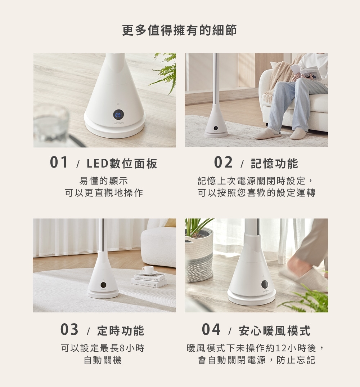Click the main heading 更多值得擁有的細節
(180, 30)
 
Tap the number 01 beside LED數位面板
(59, 163)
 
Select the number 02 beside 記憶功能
(223, 163)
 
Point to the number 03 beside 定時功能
(69, 330)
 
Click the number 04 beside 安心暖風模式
(211, 330)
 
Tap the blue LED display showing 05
(118, 115)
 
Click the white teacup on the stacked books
(148, 270)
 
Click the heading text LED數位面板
(122, 163)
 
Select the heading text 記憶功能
(274, 163)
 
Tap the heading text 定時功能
(121, 331)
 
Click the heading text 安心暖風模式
(274, 331)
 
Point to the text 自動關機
(103, 360)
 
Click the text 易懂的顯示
(104, 181)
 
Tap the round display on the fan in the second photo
(216, 128)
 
